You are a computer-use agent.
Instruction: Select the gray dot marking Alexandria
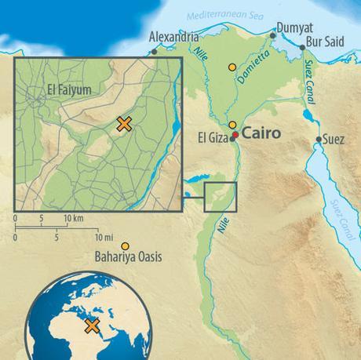155,52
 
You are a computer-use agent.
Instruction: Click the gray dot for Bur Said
302,48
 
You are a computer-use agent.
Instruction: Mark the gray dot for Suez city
319,140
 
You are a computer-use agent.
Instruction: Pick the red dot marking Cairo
234,136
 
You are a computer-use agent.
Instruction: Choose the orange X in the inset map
123,123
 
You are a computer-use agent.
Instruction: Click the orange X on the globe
92,325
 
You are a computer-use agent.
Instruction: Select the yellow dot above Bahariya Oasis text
124,245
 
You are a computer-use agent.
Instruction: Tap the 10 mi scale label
104,237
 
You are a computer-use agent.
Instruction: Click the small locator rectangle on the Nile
220,197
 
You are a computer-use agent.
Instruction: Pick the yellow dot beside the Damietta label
232,67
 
